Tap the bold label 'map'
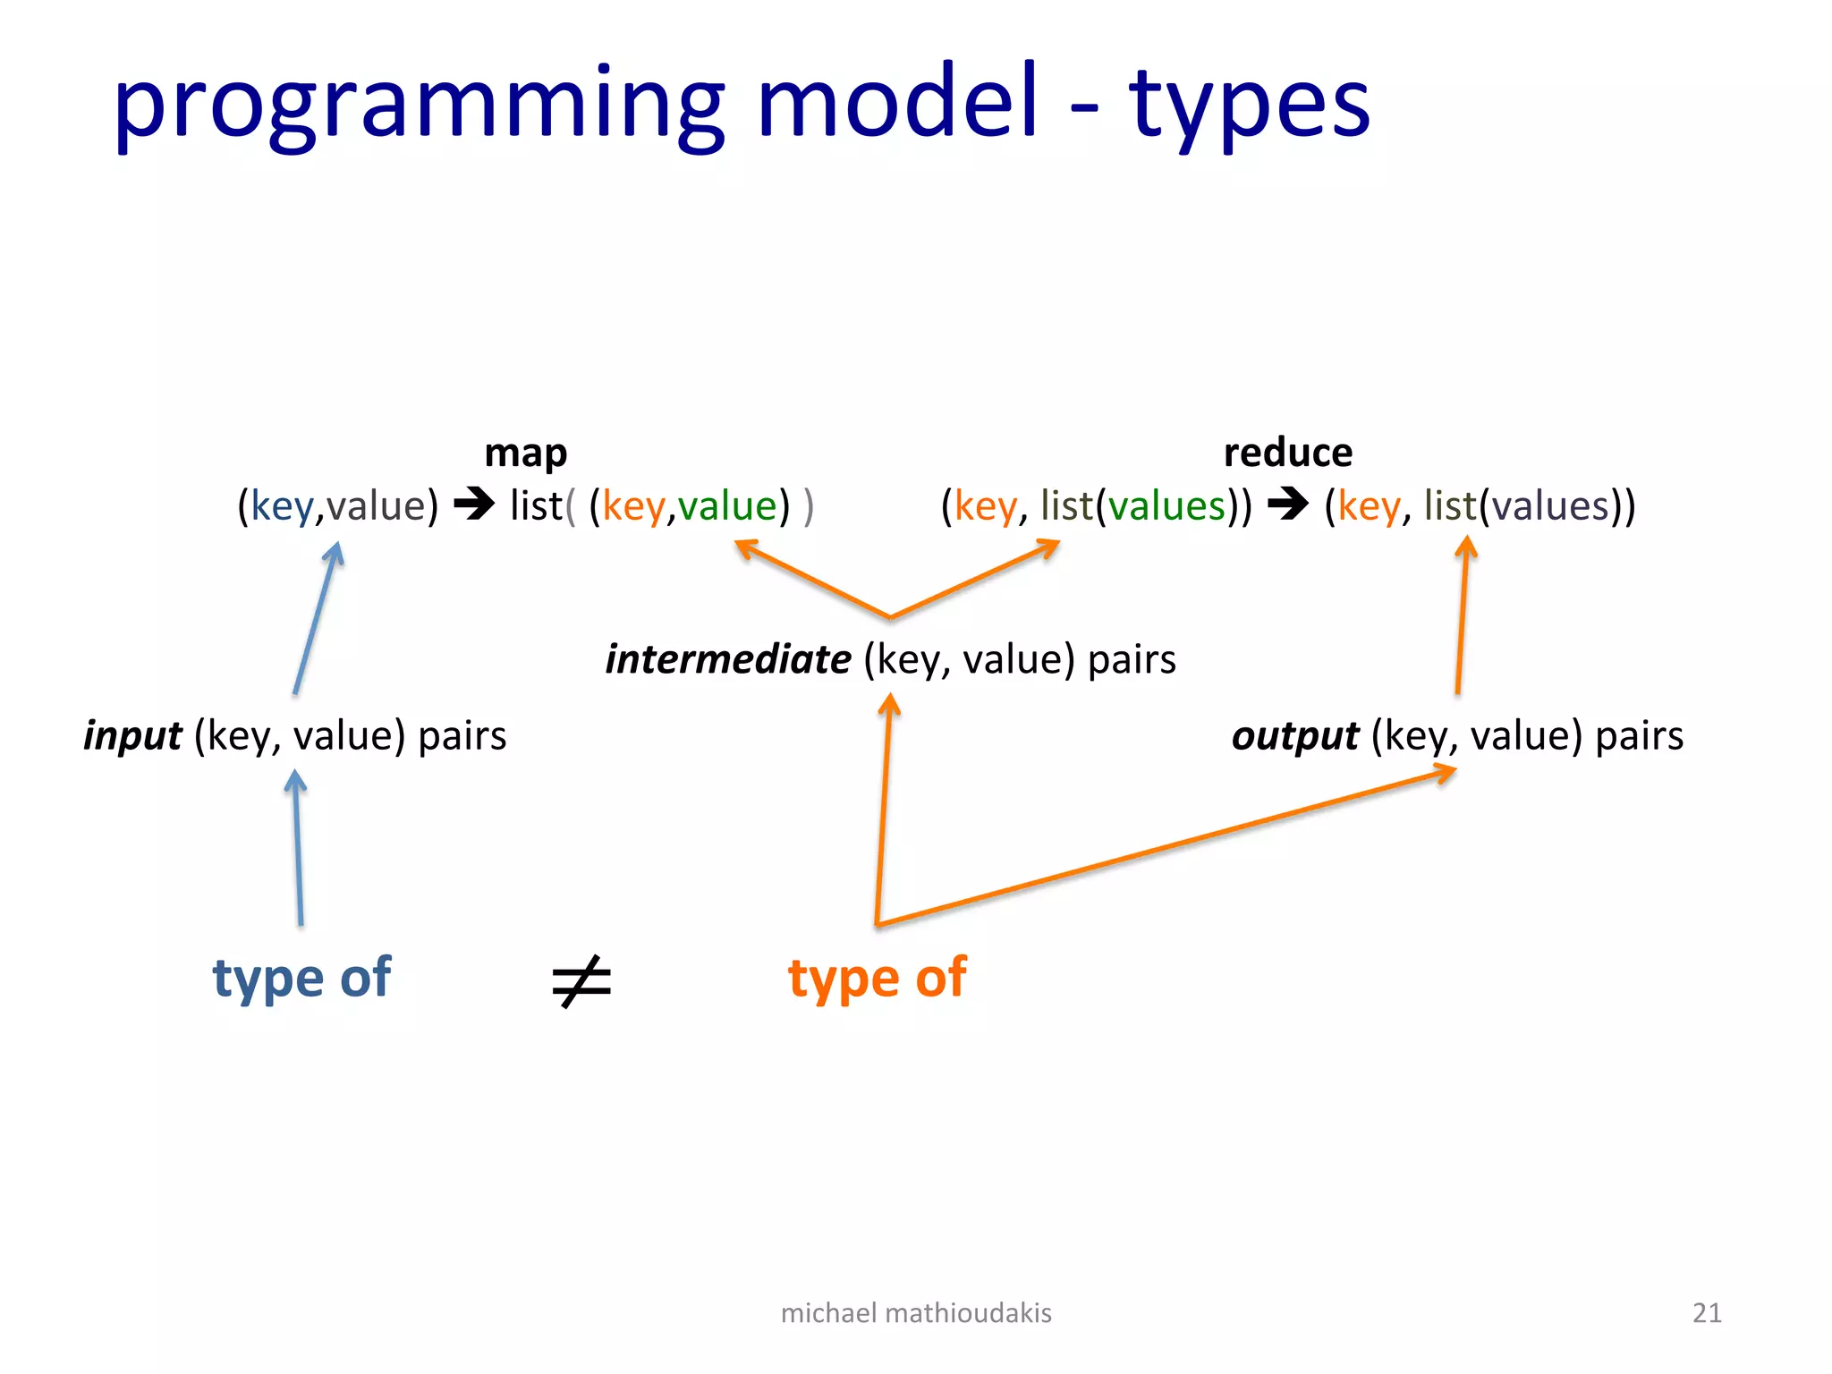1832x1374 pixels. coord(525,453)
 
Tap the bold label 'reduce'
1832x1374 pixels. coord(1287,453)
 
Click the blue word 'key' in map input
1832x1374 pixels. coord(282,506)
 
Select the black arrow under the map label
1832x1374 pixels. coord(474,504)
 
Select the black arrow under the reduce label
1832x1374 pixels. coord(1288,504)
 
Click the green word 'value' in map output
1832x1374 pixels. coord(727,506)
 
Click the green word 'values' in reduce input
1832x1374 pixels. coord(1166,506)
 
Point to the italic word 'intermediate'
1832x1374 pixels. coord(728,659)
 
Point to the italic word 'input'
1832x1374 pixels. coord(132,735)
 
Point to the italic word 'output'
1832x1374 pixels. coord(1294,735)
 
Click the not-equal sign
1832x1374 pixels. coord(581,981)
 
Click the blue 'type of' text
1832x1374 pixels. coord(301,977)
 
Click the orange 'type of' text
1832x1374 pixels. coord(877,977)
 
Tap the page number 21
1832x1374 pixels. coord(1707,1312)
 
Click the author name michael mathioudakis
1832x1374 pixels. coord(916,1312)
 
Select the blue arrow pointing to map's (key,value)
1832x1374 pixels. coord(318,617)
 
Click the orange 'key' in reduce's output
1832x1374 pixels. coord(1369,506)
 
